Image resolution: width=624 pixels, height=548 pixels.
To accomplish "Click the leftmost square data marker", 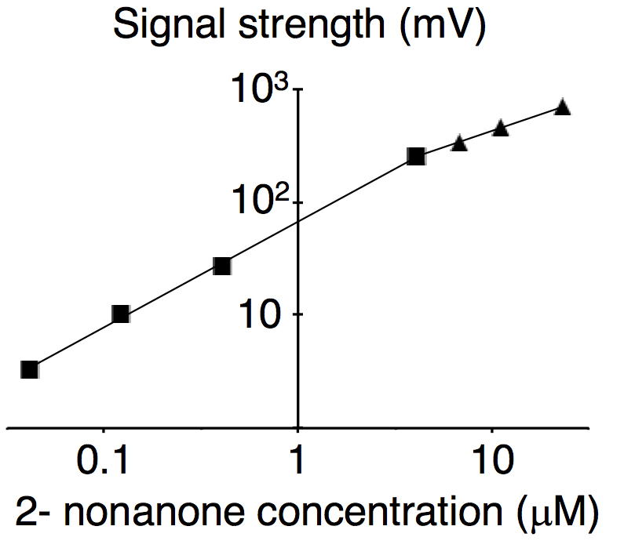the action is [x=30, y=369].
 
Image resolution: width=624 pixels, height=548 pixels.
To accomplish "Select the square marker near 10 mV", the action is [x=121, y=314].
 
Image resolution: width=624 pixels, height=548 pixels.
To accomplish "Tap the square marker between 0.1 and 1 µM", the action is [x=222, y=267].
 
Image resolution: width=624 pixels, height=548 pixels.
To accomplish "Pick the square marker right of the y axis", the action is [x=416, y=157].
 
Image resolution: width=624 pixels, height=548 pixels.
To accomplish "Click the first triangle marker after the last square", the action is [x=459, y=143].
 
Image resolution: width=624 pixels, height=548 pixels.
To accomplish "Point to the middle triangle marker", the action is [x=501, y=129].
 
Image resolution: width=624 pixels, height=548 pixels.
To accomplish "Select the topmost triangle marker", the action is [x=562, y=107].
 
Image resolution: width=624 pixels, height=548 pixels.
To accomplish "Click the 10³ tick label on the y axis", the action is [x=260, y=89].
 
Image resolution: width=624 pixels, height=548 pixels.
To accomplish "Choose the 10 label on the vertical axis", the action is [x=261, y=314].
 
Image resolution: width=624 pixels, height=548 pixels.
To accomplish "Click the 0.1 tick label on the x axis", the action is [x=103, y=459].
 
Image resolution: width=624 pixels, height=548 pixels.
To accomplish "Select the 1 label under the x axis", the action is [x=297, y=459].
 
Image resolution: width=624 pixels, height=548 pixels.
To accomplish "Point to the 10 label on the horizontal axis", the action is [x=494, y=459].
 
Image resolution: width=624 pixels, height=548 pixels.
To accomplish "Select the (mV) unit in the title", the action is [x=443, y=25].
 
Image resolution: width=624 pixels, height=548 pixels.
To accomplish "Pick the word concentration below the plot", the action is [x=380, y=511].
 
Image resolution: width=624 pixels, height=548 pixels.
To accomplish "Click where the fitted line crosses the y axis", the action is [x=298, y=222].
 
